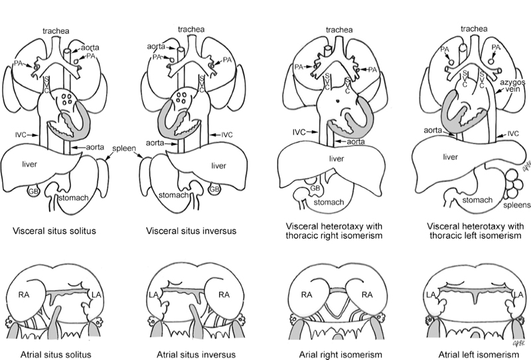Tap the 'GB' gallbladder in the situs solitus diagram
[31, 192]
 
